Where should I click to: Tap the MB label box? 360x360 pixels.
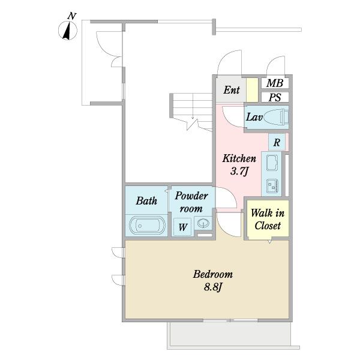point(275,83)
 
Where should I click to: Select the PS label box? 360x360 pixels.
point(275,97)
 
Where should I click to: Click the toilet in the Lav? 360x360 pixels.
point(276,117)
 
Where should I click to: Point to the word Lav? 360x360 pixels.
point(254,118)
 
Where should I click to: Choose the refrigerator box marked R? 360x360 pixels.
point(277,142)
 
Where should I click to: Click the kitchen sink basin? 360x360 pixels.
point(272,163)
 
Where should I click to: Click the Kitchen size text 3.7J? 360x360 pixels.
point(239,171)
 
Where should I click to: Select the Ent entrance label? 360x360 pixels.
point(232,90)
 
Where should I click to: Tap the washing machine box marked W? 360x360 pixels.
point(182,227)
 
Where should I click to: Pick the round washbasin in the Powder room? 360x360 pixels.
point(203,223)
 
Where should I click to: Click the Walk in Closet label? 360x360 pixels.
point(268,219)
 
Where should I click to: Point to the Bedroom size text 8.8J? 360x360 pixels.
point(213,287)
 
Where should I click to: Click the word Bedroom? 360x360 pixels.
point(213,274)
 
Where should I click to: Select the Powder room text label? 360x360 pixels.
point(191,202)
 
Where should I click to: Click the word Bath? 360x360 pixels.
point(146,200)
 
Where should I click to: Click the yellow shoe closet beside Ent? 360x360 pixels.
point(252,90)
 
